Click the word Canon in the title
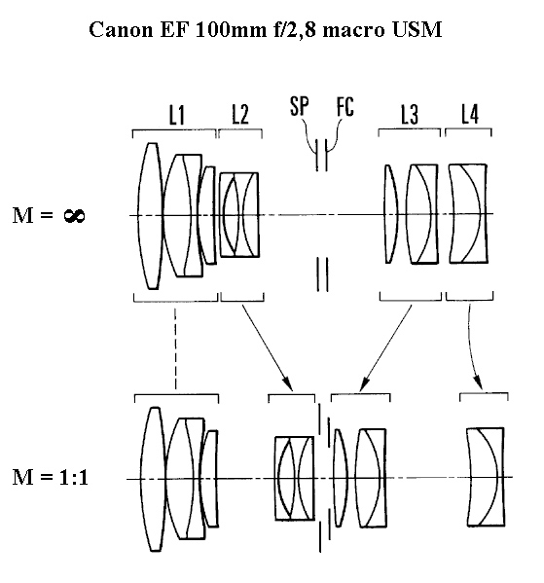point(121,29)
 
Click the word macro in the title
point(353,30)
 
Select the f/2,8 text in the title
point(295,30)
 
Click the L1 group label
point(177,115)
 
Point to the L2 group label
point(239,114)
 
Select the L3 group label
point(410,114)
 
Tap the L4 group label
point(470,114)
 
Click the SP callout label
point(300,106)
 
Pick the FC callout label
point(345,106)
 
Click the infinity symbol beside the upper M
point(74,216)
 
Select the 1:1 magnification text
point(73,477)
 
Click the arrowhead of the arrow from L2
point(287,383)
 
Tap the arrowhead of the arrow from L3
point(364,383)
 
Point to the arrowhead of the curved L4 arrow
point(478,382)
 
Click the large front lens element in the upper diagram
point(150,216)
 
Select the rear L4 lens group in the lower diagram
point(486,477)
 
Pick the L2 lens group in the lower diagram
point(295,478)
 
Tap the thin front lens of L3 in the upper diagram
point(390,214)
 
